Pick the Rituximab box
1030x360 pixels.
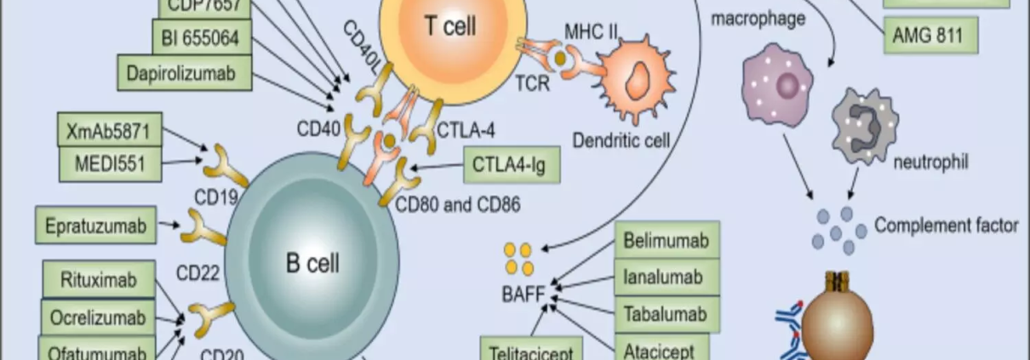pyautogui.click(x=99, y=280)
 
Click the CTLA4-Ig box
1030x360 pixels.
pyautogui.click(x=511, y=164)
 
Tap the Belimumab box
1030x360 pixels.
pyautogui.click(x=666, y=241)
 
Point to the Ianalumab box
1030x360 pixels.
pyautogui.click(x=666, y=277)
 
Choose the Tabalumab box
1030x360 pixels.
pyautogui.click(x=666, y=314)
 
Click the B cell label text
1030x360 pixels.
pyautogui.click(x=312, y=263)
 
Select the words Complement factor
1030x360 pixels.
pyautogui.click(x=946, y=226)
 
